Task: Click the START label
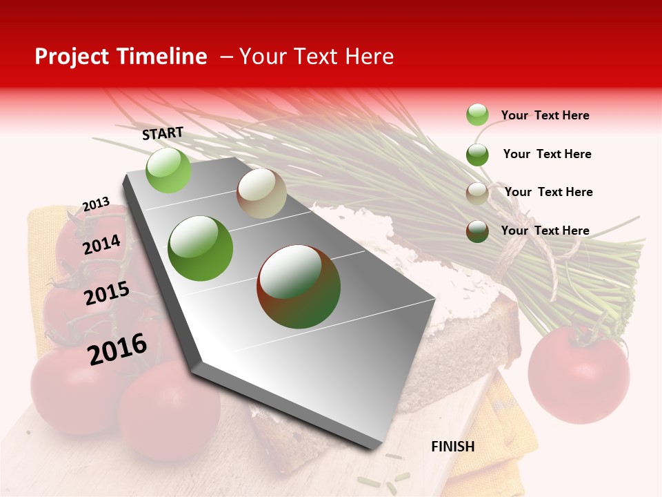(x=163, y=133)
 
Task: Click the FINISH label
(x=452, y=447)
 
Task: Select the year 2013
(x=96, y=204)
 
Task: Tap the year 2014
(x=101, y=244)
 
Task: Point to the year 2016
(x=117, y=349)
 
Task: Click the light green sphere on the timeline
(x=168, y=170)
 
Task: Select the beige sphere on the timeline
(x=261, y=193)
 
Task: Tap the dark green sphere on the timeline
(x=201, y=248)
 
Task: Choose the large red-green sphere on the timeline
(x=299, y=286)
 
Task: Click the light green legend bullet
(x=477, y=115)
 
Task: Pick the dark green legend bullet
(x=477, y=155)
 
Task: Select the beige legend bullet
(x=477, y=193)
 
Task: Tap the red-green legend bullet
(x=477, y=231)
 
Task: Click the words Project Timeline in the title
(x=121, y=57)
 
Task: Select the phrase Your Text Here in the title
(x=316, y=57)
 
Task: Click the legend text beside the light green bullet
(x=545, y=115)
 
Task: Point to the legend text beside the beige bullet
(x=548, y=192)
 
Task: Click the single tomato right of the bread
(x=579, y=373)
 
